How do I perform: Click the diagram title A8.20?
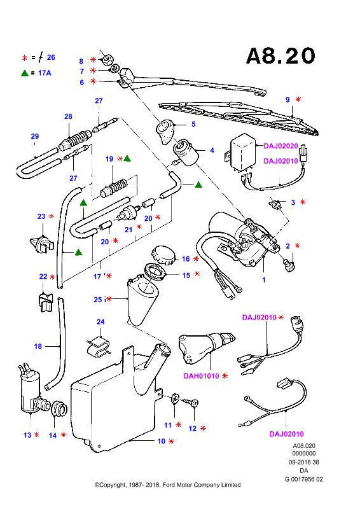point(280,56)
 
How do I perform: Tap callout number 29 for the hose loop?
point(35,136)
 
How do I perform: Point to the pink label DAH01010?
point(201,376)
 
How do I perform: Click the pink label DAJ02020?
point(280,146)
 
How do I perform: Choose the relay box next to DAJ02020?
point(242,151)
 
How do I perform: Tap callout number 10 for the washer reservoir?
point(162,441)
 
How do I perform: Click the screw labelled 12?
point(191,403)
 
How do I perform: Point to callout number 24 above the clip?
point(100,322)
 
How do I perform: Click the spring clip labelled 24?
point(99,346)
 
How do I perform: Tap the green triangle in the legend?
point(25,73)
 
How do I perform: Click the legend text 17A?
point(45,73)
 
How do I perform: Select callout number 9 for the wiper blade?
point(287,100)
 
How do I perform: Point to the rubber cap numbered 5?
point(165,131)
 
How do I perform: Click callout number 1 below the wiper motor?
point(264,279)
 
